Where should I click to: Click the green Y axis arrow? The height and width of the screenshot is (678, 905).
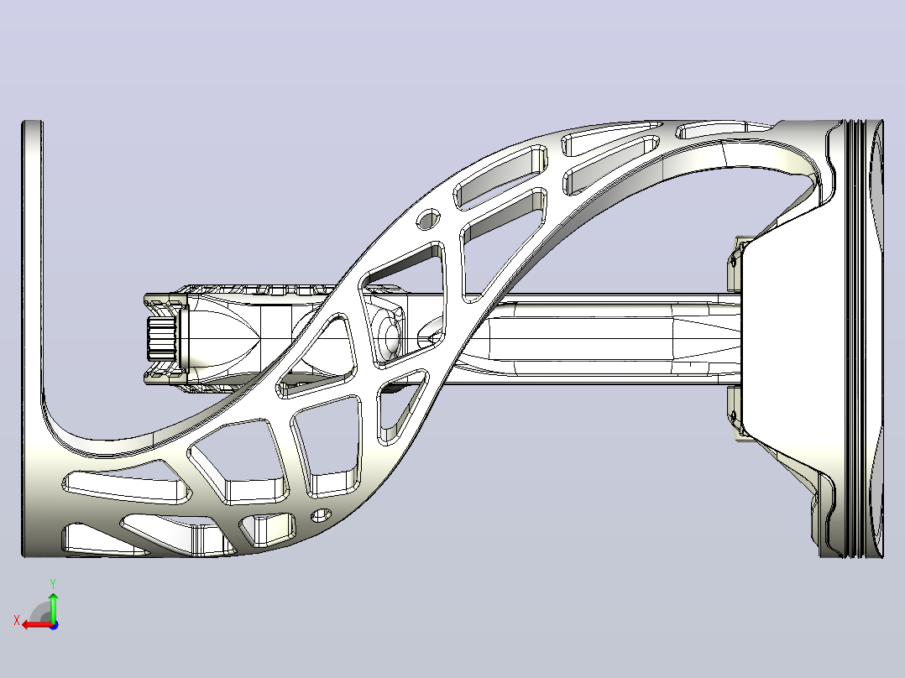click(x=53, y=607)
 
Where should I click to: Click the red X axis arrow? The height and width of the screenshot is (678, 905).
click(x=37, y=625)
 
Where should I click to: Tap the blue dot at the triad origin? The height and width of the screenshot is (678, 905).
click(x=54, y=625)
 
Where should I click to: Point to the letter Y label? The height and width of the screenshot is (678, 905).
click(x=53, y=583)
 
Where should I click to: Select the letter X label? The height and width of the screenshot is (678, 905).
click(x=17, y=621)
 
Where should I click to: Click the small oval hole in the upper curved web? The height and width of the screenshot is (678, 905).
click(x=429, y=219)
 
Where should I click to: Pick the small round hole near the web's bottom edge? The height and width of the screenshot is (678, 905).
click(x=322, y=514)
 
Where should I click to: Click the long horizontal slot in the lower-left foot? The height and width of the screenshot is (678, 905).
click(x=127, y=486)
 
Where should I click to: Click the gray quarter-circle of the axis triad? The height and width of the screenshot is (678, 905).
click(x=40, y=613)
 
